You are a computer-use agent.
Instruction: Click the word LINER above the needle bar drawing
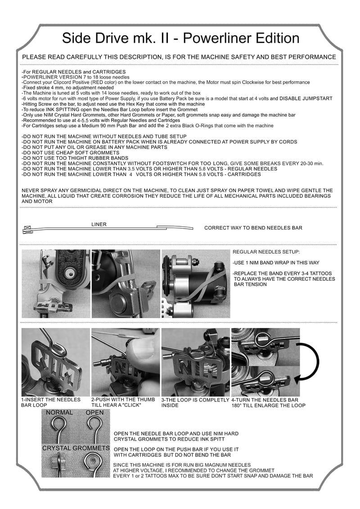(x=99, y=224)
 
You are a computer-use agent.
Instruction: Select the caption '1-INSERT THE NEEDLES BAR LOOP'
(x=51, y=402)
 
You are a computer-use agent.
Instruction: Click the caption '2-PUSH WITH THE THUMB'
(x=123, y=400)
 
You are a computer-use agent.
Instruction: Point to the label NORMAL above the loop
(x=59, y=413)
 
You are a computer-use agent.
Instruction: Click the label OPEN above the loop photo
(x=94, y=413)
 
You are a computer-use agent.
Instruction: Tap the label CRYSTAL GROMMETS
(x=76, y=448)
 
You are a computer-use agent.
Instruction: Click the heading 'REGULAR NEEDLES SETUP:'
(x=266, y=252)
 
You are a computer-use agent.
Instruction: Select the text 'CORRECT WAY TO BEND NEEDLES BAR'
(x=253, y=228)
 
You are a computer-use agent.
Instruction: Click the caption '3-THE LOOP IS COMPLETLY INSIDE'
(x=195, y=402)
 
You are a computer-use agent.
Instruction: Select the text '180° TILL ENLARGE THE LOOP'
(x=268, y=405)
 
